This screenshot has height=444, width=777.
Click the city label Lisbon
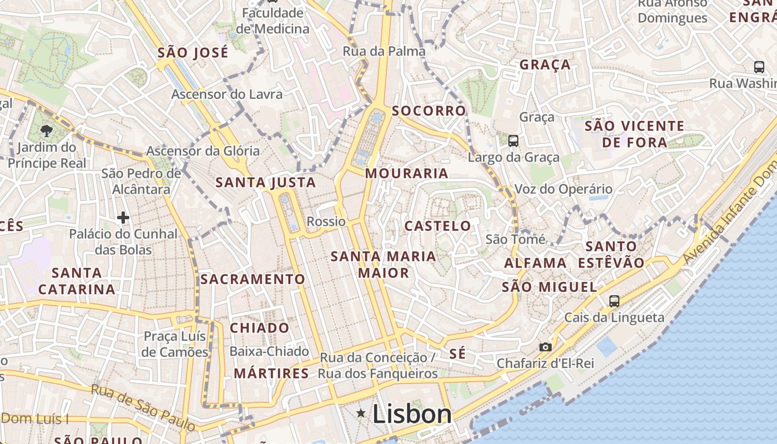[412, 414]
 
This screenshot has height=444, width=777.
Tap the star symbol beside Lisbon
[361, 413]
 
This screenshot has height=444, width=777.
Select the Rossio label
[326, 221]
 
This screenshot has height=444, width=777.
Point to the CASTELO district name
[438, 226]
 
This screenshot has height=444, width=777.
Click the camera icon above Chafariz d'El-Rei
[546, 347]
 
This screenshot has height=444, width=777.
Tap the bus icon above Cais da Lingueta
[614, 301]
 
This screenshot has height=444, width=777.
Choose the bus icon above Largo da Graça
[513, 141]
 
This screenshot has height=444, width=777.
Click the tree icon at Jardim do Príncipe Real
[46, 131]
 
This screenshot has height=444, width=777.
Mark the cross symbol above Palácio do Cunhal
[123, 218]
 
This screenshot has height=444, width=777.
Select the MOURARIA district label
[407, 174]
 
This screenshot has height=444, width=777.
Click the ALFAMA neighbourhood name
[535, 263]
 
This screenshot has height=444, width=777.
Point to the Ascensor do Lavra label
[226, 94]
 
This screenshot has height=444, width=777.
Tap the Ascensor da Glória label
[203, 151]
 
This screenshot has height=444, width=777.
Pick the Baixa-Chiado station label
[269, 351]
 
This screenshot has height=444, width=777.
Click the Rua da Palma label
[384, 52]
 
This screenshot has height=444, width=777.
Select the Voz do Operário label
[563, 189]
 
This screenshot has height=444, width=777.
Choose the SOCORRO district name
[429, 111]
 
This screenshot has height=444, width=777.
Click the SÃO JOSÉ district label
[193, 53]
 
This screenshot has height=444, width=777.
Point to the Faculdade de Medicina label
[273, 21]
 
